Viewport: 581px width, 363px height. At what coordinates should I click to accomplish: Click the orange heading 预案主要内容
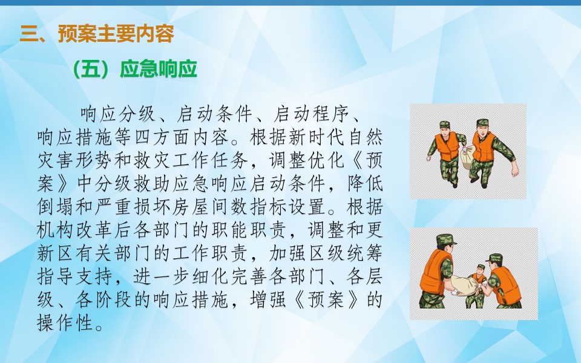[116, 34]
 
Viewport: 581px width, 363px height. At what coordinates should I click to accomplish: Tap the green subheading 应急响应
[158, 69]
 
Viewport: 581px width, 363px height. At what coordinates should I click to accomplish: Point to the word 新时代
[317, 137]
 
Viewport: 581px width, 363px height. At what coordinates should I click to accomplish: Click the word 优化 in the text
[326, 160]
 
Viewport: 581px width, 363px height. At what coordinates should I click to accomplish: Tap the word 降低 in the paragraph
[364, 183]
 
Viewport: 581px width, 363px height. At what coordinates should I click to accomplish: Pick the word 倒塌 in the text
[56, 207]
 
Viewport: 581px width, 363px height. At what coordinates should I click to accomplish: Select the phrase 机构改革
[75, 230]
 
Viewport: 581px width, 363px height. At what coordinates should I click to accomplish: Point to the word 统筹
[364, 253]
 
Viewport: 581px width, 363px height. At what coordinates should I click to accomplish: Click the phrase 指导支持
[75, 276]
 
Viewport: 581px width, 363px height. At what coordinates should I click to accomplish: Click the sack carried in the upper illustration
[467, 157]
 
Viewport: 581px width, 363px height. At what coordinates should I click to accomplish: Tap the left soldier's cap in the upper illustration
[445, 125]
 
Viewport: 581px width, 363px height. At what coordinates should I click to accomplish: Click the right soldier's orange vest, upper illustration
[483, 146]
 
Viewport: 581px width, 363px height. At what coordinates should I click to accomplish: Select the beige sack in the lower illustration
[463, 286]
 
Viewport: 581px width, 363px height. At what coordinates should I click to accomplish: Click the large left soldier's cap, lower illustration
[446, 240]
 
